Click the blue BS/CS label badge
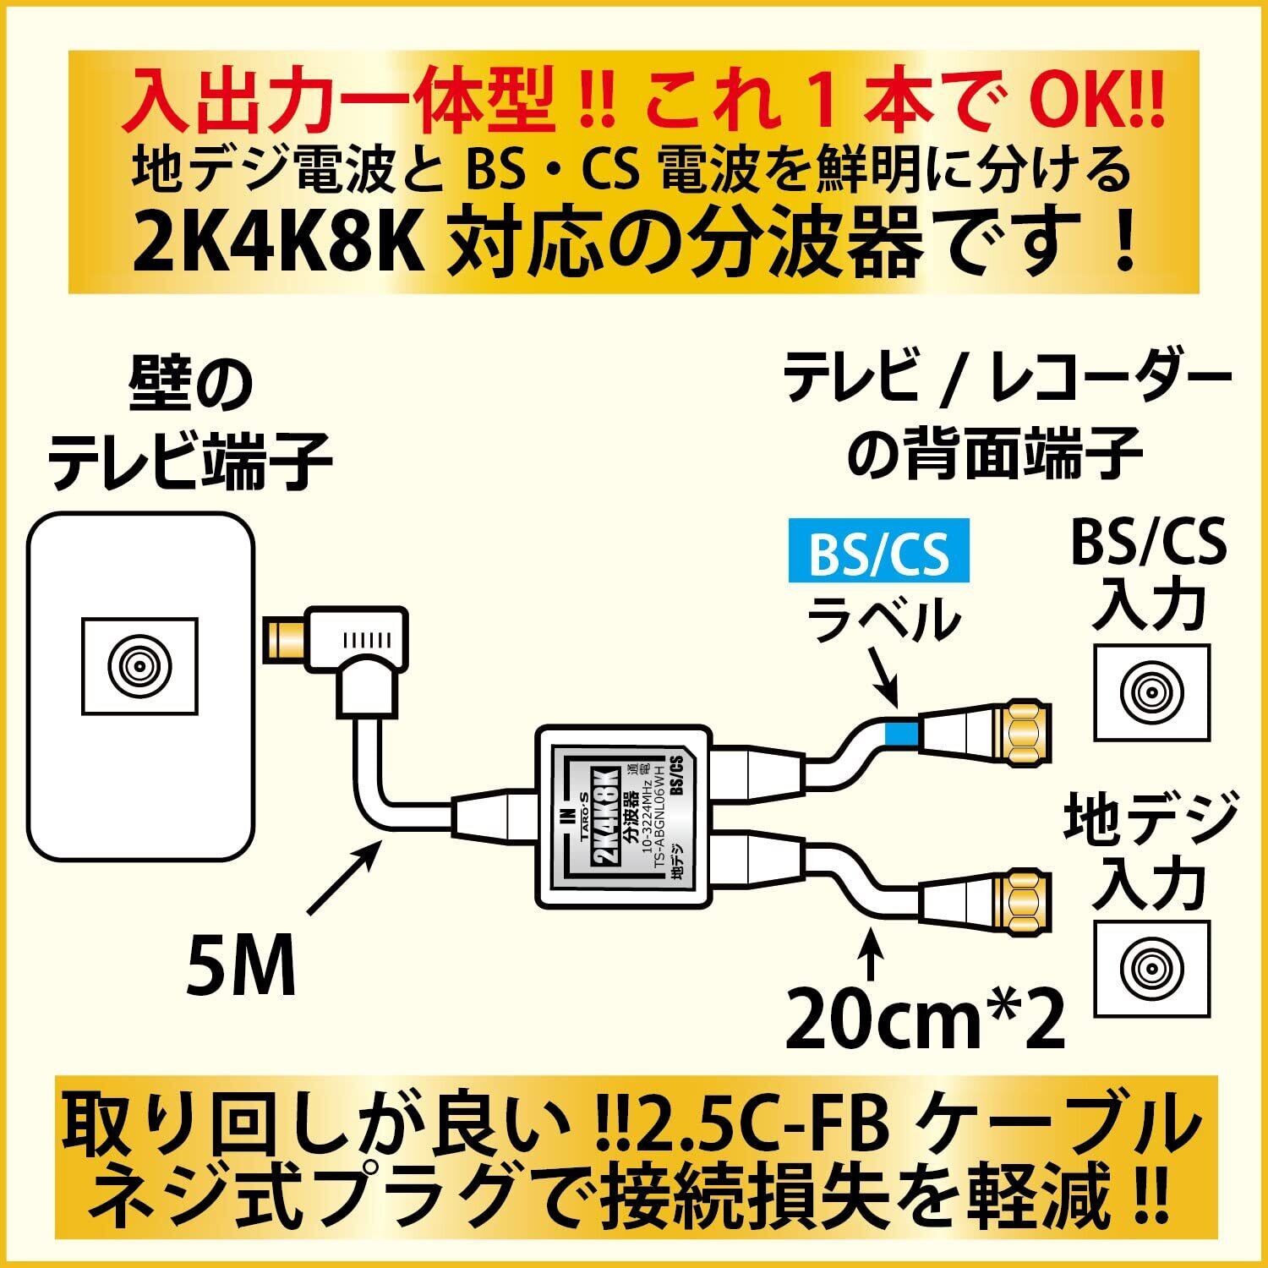tap(878, 556)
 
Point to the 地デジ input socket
tap(1151, 967)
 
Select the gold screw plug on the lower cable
tap(1025, 899)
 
